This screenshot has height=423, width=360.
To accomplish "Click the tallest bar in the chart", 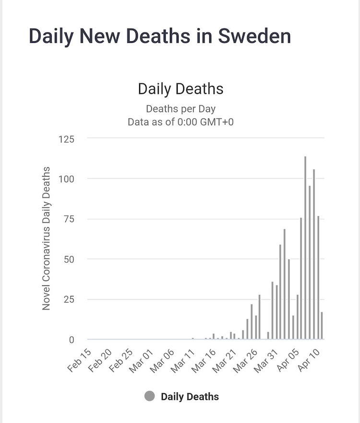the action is click(x=305, y=247).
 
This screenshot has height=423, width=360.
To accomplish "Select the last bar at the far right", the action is click(x=322, y=325).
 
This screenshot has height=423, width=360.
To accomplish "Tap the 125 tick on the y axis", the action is click(x=66, y=139).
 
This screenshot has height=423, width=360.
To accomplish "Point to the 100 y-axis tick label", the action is click(x=66, y=179).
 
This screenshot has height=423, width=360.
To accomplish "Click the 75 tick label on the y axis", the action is click(x=69, y=219).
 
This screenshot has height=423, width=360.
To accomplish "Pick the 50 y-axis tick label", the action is click(x=69, y=259).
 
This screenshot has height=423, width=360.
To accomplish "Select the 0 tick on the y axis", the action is click(x=72, y=340).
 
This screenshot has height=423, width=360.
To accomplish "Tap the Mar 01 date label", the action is click(x=142, y=361).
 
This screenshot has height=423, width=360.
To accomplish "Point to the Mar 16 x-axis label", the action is click(x=204, y=361).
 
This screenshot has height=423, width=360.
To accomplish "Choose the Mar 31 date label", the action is click(x=266, y=361).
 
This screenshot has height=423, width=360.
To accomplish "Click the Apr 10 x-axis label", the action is click(x=309, y=360).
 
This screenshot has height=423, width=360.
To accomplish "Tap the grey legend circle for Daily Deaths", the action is click(x=150, y=396).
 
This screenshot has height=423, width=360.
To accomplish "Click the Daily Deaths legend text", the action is click(x=190, y=397).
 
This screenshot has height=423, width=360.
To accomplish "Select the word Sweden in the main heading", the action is click(x=254, y=36).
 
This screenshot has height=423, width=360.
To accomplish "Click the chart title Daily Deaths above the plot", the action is click(x=180, y=89).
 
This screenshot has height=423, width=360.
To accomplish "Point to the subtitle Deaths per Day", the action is click(x=180, y=109).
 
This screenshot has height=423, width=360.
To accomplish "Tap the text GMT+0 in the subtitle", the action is click(x=216, y=122).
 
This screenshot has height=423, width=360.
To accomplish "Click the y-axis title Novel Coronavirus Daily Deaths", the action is click(x=46, y=238).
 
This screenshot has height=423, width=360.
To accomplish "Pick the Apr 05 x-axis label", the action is click(x=288, y=360).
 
